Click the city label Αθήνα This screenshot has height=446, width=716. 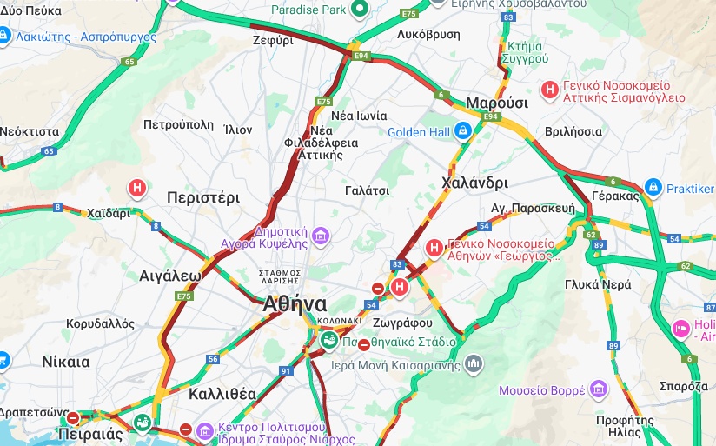pos(295,304)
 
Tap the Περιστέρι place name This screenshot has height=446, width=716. pos(202,197)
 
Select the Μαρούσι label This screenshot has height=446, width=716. pos(497,103)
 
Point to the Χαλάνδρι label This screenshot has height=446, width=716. pos(474,183)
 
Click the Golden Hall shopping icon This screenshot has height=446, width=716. pos(463,131)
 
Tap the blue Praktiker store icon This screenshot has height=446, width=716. pos(653,187)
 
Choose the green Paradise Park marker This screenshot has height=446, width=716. pos(361,10)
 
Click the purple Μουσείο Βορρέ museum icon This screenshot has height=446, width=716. pos(598,389)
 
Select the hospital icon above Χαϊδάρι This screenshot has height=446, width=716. pos(137,187)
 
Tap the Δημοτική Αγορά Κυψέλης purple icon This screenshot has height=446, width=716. pos(321,236)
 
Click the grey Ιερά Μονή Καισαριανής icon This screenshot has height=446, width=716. pos(474,363)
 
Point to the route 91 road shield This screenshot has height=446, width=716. pos(286,371)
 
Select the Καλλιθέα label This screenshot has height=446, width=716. pos(220,394)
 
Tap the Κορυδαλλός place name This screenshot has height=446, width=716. pos(101,323)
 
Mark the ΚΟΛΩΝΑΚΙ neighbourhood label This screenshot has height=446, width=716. pos(339,320)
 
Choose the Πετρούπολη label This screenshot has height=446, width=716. pos(178,124)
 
